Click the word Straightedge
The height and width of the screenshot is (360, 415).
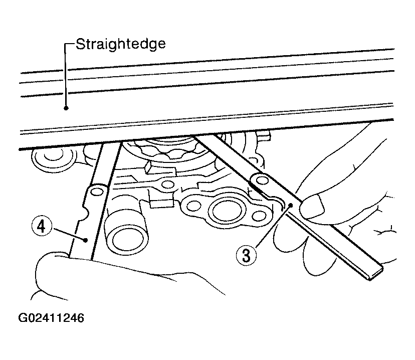point(121,44)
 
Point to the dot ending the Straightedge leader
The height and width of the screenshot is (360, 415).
point(66,108)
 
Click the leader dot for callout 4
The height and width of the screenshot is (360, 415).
point(85,240)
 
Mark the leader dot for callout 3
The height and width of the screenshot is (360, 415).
point(291,205)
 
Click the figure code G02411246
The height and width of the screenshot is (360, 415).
point(51,318)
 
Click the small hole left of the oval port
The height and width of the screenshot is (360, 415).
point(194,205)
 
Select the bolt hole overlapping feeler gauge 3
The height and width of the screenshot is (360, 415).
point(262,181)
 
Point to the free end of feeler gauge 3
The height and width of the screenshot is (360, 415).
point(375,273)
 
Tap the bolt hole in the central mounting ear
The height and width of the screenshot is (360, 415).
point(167,184)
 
